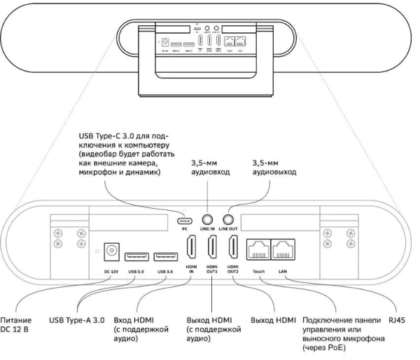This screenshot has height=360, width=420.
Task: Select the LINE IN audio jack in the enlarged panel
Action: (208, 218)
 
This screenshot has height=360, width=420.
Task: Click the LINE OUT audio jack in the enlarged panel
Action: (227, 218)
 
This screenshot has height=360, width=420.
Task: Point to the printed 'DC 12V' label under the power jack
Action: (108, 270)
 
